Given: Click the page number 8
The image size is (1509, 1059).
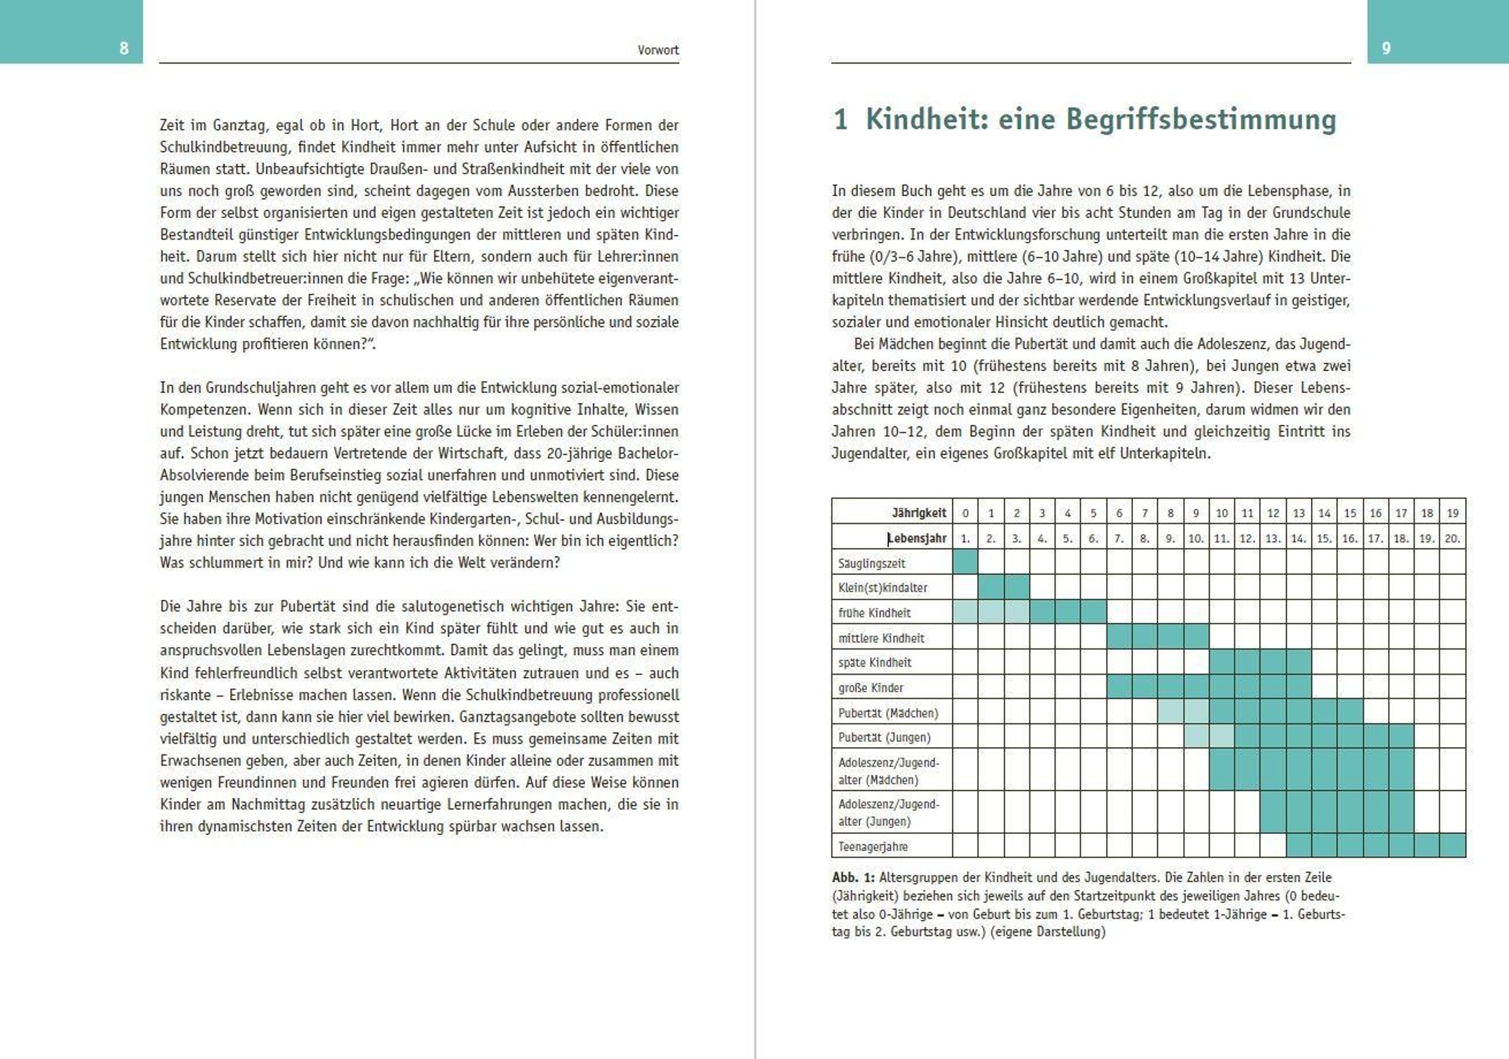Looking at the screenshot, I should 124,48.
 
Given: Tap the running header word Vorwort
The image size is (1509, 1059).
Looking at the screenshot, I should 658,50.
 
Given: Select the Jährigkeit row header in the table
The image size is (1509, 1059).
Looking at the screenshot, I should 919,513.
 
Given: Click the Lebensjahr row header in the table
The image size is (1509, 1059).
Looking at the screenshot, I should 917,538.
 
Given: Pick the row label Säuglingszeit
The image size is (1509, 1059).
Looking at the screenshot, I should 871,563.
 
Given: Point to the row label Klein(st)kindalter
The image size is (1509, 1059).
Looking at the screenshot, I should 883,588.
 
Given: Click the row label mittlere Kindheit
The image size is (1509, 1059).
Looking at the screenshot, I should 881,638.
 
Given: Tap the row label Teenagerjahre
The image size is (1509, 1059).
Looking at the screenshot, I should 873,846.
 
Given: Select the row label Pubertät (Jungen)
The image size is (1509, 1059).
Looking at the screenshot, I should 884,738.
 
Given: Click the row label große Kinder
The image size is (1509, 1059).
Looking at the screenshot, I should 871,688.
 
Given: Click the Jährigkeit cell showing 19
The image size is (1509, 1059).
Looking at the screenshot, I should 1452,513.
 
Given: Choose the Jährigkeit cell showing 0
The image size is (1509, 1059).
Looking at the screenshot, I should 965,513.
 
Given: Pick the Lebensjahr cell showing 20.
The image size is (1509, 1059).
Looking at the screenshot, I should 1452,538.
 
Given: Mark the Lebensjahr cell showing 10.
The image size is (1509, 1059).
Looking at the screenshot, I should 1195,538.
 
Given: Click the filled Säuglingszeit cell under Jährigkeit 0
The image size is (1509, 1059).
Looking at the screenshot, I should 965,563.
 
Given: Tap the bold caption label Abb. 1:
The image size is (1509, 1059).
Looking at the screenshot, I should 853,877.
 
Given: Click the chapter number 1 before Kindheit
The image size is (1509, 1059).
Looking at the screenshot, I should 840,120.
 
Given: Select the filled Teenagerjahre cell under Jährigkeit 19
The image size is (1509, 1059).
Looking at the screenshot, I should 1452,846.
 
